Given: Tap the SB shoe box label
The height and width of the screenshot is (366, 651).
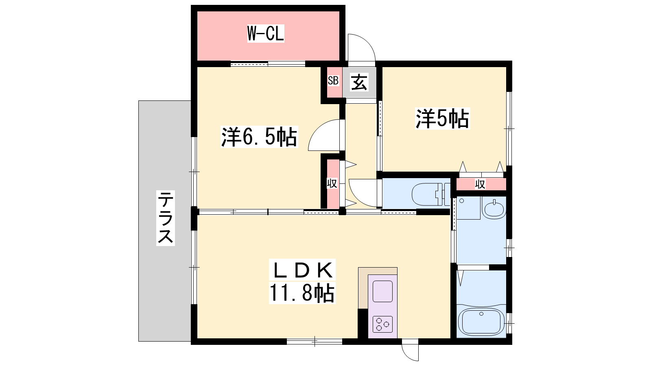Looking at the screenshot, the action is click(x=333, y=81).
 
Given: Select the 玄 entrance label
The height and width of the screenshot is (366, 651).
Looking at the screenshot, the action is click(x=359, y=82).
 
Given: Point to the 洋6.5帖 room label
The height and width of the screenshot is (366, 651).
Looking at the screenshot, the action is click(x=259, y=137).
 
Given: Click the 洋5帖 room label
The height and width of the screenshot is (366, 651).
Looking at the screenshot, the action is click(x=442, y=118).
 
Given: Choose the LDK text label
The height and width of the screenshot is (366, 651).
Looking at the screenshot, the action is click(x=302, y=270).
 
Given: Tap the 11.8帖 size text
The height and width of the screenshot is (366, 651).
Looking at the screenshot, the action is click(x=302, y=293).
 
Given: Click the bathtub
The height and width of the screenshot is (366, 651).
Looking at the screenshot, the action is click(x=481, y=322).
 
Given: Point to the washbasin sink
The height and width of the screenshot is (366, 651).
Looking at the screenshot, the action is click(x=494, y=207).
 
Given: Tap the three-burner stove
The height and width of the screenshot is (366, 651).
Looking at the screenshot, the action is click(x=382, y=324).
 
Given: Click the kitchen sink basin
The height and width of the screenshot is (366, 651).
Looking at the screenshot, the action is click(x=382, y=291).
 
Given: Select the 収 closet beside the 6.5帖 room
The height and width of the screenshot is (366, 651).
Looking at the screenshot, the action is click(x=332, y=183).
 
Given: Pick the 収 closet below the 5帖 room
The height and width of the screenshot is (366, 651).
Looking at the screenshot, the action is click(x=481, y=184).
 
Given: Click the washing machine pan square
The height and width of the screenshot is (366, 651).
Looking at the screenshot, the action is click(x=468, y=208).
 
